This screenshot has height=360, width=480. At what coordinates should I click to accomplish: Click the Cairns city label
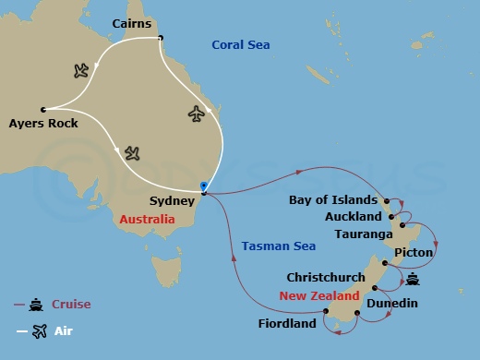(x=131, y=22)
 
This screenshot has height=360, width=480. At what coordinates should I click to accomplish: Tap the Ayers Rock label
(x=42, y=122)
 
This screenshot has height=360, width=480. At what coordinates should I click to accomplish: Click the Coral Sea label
(x=241, y=44)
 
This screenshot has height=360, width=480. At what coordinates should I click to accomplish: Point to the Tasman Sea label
(x=278, y=246)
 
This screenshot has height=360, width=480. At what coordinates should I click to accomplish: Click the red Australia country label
(x=147, y=220)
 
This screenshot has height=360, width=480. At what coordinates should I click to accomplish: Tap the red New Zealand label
(x=318, y=296)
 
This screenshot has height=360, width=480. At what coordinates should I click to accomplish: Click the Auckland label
(x=354, y=217)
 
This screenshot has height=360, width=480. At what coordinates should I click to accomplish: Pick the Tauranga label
(x=361, y=234)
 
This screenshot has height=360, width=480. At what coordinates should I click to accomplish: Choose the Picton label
(x=413, y=252)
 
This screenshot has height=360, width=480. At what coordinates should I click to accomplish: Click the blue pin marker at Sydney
(x=203, y=187)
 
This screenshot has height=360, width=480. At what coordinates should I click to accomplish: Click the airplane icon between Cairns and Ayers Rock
(x=80, y=69)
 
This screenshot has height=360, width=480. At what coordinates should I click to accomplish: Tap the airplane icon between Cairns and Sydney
(x=196, y=113)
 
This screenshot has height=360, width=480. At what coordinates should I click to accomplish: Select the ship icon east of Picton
(x=412, y=280)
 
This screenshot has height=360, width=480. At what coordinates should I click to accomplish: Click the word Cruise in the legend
(x=71, y=304)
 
